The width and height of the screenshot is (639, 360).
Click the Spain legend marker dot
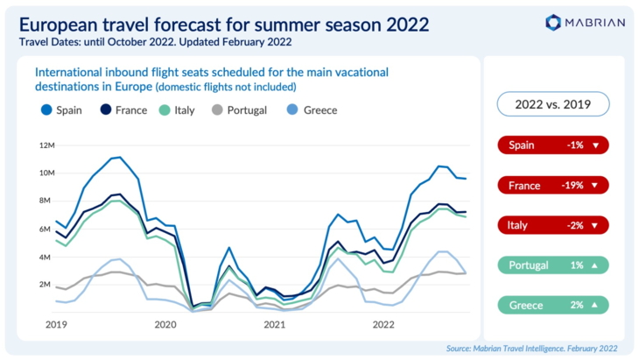[46, 110]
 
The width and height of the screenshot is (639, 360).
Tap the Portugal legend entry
[238, 110]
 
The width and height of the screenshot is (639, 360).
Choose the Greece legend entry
[313, 110]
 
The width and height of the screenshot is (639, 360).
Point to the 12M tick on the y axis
[46, 145]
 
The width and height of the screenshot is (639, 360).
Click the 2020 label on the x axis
[165, 325]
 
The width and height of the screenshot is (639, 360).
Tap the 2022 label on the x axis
[383, 325]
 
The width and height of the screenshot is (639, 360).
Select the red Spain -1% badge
[552, 145]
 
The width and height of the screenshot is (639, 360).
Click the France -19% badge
[552, 186]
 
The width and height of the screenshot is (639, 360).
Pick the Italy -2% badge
[552, 226]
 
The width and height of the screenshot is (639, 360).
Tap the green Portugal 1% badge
[552, 265]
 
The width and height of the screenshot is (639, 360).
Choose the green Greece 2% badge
[552, 306]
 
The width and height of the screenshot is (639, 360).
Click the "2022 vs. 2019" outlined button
[552, 105]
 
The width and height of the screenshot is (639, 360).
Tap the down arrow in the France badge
[595, 186]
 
